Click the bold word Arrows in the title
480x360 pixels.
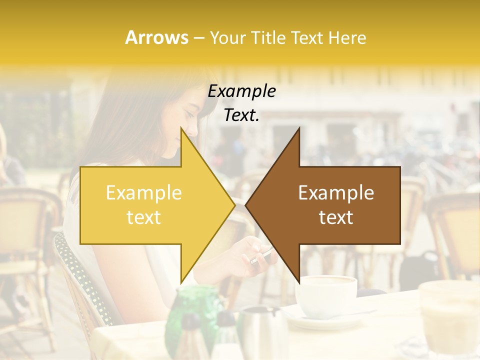pos(156,37)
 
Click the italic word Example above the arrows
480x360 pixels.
pos(241,91)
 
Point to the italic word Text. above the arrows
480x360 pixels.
pos(241,115)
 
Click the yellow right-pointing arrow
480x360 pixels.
pos(150,205)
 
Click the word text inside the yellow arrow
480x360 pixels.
pos(144,217)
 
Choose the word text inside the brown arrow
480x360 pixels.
pos(336,217)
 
